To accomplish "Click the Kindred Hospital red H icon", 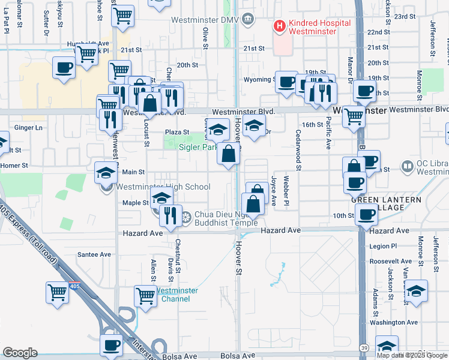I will (279, 26).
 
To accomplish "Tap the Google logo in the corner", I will (20, 353).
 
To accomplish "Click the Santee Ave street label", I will (97, 254).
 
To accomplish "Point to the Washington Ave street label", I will (393, 322).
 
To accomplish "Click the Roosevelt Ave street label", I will (390, 262).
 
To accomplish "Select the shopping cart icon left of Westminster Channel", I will (145, 296).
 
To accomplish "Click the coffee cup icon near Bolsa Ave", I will (111, 346).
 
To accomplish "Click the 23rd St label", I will (405, 17).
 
